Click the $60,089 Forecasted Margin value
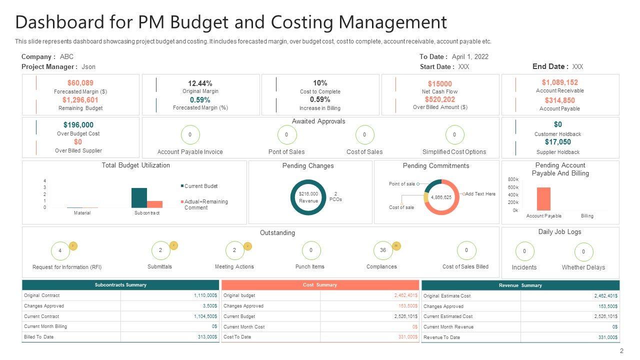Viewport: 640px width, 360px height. point(80,83)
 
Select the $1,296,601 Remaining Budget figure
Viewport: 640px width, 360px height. point(80,100)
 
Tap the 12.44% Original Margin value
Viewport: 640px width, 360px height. point(200,83)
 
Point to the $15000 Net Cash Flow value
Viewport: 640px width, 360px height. point(439,84)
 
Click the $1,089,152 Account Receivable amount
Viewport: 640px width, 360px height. point(559,82)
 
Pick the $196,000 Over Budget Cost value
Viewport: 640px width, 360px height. point(78,125)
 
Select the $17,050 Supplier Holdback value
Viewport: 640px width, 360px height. point(557,142)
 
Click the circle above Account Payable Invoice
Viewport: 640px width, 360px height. point(190,135)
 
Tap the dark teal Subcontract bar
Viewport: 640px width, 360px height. point(139,197)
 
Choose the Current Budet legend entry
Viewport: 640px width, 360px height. point(200,186)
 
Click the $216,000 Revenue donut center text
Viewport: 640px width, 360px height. point(308,197)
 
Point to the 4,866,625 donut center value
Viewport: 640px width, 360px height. point(441,197)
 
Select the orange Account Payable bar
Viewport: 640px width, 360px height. point(543,198)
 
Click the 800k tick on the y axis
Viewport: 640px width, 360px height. point(513,179)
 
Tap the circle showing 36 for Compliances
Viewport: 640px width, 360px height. point(383,250)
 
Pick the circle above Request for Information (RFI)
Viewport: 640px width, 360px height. point(60,250)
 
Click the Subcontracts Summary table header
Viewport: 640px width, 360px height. point(120,285)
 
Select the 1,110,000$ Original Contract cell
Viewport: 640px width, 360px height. point(205,295)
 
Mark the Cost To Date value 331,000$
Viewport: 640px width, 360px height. point(407,337)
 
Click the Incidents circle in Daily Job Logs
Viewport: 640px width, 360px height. point(524,251)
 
